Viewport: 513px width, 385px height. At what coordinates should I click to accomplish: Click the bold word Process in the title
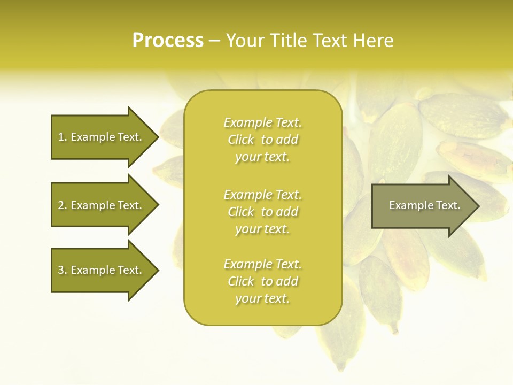click(x=168, y=40)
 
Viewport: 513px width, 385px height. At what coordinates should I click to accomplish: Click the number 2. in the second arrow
click(x=63, y=205)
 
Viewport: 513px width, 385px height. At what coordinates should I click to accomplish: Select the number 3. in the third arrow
click(x=63, y=270)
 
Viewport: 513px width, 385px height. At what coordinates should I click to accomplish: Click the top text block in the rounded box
click(x=262, y=140)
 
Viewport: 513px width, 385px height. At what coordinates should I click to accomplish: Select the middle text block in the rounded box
click(x=262, y=212)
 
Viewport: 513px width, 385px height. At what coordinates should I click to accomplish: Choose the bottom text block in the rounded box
click(x=262, y=281)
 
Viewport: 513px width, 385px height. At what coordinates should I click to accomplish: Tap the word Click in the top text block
click(x=241, y=140)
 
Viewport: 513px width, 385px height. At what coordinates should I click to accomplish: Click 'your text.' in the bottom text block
click(x=262, y=298)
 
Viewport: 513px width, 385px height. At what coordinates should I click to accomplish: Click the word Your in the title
click(x=244, y=40)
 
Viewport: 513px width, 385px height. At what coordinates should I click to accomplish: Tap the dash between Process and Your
click(x=215, y=41)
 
